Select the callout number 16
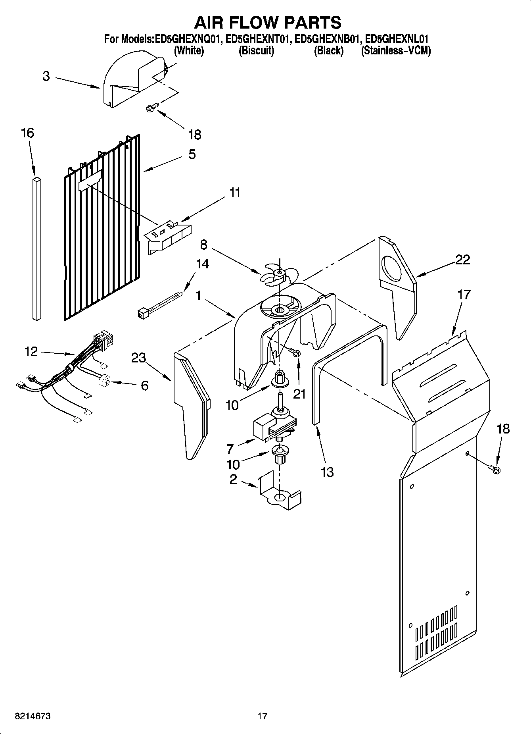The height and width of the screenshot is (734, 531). [x=27, y=133]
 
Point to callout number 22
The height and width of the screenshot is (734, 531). [x=462, y=260]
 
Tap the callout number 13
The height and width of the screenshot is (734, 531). [x=327, y=472]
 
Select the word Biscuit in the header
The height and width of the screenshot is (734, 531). [x=256, y=51]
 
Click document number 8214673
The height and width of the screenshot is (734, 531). [x=33, y=716]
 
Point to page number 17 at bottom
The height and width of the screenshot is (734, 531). [x=262, y=716]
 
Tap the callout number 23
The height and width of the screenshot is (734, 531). [x=139, y=358]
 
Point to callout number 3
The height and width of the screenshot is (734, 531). [x=46, y=76]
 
